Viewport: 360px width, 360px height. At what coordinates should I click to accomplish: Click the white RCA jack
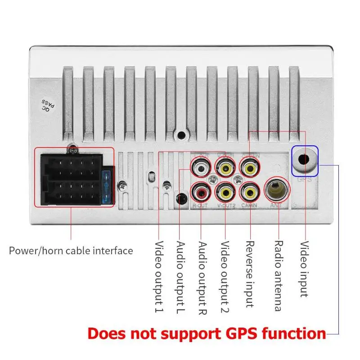(201, 168)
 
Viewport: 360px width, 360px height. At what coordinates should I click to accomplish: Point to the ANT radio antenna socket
(275, 190)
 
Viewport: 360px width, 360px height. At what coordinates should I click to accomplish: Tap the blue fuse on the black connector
(107, 185)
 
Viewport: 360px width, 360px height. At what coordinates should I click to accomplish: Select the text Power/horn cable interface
(71, 251)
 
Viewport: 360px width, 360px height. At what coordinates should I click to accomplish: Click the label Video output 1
(159, 276)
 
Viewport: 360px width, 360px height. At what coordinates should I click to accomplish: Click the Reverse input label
(249, 274)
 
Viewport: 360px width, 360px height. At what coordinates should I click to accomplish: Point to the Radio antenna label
(278, 276)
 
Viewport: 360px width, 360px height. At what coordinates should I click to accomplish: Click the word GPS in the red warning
(234, 334)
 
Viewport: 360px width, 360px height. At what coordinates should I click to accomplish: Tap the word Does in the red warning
(107, 334)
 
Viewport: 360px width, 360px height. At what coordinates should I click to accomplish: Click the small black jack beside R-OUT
(182, 198)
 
